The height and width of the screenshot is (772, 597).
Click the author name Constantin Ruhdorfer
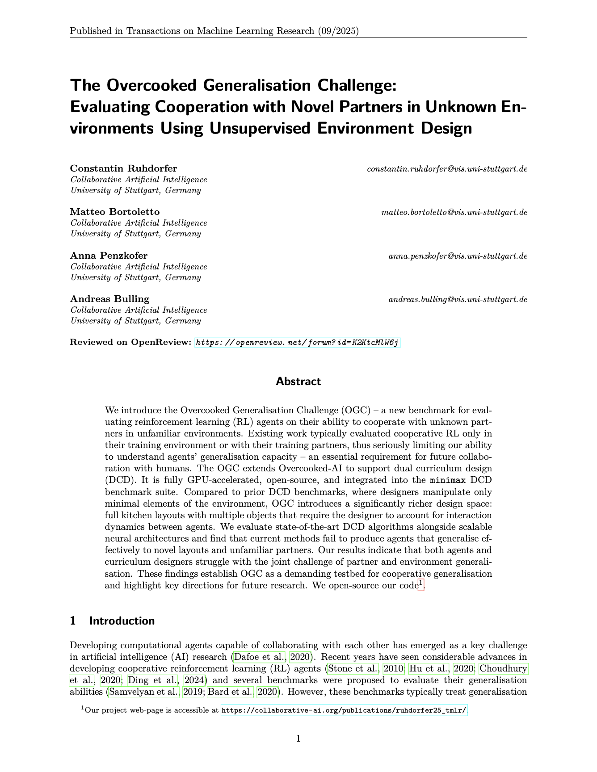[123, 168]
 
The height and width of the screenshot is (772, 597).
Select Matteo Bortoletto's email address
[454, 212]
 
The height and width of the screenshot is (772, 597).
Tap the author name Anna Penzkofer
[109, 256]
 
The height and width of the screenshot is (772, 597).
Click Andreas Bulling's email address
[458, 299]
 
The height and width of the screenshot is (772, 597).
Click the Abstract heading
[298, 382]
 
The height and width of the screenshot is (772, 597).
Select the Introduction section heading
[122, 621]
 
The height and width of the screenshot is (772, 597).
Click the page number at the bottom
[298, 739]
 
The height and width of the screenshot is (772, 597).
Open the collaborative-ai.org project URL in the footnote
[344, 710]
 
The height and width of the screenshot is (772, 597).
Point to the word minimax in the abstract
[448, 481]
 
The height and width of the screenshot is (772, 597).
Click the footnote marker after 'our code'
[420, 583]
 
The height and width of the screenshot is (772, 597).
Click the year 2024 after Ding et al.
[193, 680]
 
